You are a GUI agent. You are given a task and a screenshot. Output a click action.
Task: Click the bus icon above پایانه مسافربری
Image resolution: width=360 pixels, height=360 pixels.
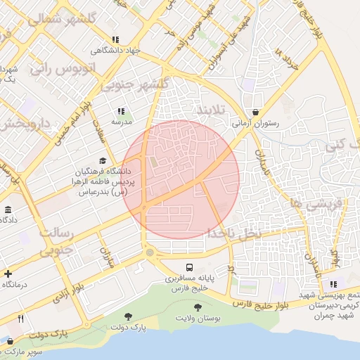pyautogui.click(x=189, y=267)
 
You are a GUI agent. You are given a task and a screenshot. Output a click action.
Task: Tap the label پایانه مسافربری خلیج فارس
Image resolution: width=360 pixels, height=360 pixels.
pyautogui.click(x=189, y=283)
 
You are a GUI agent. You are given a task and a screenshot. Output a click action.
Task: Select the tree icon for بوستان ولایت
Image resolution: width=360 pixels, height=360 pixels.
pyautogui.click(x=198, y=308)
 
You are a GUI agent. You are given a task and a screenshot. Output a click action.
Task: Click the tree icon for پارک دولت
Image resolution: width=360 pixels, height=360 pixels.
pyautogui.click(x=128, y=317)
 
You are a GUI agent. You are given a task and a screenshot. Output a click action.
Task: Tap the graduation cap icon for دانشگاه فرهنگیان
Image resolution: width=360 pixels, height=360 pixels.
pyautogui.click(x=103, y=161)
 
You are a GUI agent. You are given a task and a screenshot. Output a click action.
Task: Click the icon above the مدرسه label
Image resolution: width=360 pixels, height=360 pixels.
pyautogui.click(x=121, y=111)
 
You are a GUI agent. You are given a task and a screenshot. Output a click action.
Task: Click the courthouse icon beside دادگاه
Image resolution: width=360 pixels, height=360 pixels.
pyautogui.click(x=8, y=210)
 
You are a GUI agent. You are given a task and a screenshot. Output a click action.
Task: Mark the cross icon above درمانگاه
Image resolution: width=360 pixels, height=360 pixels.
pyautogui.click(x=8, y=274)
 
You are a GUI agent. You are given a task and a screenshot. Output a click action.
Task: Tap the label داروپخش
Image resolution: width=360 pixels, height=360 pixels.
pyautogui.click(x=27, y=124)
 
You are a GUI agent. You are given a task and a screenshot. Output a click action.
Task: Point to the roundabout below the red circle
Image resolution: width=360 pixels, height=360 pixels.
pyautogui.click(x=149, y=252)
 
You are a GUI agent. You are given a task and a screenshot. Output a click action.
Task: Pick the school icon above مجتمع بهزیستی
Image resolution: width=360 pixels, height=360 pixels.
pyautogui.click(x=333, y=284)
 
